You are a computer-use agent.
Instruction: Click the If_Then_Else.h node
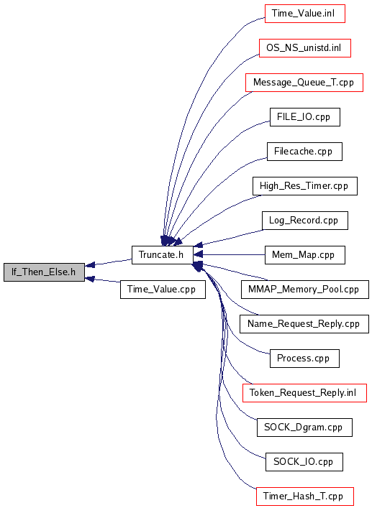(x=44, y=272)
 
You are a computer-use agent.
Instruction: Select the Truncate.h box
(x=163, y=255)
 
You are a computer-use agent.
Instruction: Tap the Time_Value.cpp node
(x=163, y=290)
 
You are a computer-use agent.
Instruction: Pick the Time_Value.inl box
(x=305, y=14)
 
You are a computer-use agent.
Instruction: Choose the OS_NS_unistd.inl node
(x=305, y=48)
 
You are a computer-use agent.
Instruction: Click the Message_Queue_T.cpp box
(x=304, y=83)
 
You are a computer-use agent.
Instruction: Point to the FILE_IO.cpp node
(x=305, y=117)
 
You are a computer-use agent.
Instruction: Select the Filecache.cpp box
(x=304, y=152)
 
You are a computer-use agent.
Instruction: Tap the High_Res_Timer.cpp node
(x=305, y=186)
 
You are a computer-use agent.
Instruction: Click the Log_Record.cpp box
(x=305, y=221)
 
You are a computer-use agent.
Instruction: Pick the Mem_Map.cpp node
(x=305, y=255)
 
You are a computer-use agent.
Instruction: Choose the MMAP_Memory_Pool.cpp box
(x=305, y=290)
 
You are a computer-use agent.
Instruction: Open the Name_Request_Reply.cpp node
(x=304, y=324)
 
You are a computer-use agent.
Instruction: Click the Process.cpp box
(x=304, y=359)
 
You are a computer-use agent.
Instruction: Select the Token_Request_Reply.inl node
(x=304, y=393)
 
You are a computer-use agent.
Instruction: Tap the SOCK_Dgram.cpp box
(x=304, y=428)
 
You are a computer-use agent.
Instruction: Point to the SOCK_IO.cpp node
(x=304, y=462)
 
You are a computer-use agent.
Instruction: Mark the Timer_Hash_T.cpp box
(x=305, y=497)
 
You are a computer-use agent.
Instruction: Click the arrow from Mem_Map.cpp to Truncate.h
(x=230, y=254)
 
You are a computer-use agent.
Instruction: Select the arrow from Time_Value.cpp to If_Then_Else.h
(x=102, y=280)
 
